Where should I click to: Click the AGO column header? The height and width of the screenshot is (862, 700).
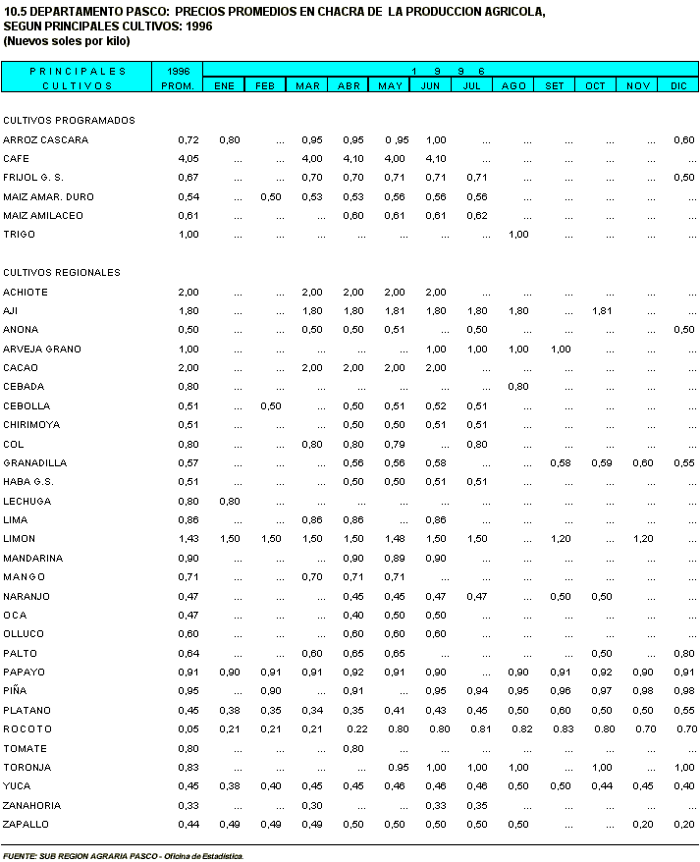tap(513, 86)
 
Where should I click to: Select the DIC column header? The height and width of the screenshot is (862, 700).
tap(678, 86)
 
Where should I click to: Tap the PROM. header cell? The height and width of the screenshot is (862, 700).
tap(178, 86)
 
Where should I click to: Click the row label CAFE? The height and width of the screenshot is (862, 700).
tap(16, 159)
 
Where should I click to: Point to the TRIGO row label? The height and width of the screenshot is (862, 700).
tap(19, 235)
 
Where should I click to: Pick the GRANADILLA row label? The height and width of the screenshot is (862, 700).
tap(33, 463)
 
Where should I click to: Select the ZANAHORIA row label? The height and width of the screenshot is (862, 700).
tap(32, 806)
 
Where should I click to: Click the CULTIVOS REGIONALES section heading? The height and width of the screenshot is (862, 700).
tap(62, 273)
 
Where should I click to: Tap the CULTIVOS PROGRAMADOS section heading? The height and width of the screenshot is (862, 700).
tap(69, 121)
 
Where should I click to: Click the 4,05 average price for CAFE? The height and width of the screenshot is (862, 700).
tap(188, 159)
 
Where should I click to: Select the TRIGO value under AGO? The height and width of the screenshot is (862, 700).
tap(518, 235)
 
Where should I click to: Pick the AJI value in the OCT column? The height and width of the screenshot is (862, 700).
tap(601, 311)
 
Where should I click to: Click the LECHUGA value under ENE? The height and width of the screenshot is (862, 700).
tap(229, 502)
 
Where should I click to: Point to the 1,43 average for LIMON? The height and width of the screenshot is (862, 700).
tap(188, 539)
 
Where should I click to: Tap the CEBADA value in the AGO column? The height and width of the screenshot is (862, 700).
tap(518, 387)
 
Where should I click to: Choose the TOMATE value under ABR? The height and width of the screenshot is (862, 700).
tap(353, 749)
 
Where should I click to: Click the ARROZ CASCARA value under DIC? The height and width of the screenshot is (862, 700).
tap(683, 140)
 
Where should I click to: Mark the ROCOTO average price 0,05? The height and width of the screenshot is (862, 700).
tap(188, 729)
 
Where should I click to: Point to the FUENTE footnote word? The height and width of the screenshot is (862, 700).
tap(20, 856)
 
